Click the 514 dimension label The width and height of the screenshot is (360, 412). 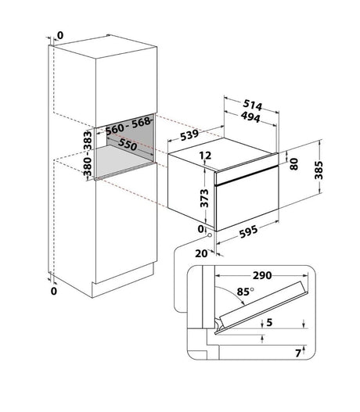point(253,105)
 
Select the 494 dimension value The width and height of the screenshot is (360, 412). point(250,117)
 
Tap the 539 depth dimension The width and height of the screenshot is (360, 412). point(189,134)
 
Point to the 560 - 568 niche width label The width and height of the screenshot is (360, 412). point(128,126)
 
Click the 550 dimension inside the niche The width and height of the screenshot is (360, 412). point(128,145)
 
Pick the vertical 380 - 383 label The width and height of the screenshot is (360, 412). point(88,153)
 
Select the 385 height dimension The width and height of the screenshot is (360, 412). point(319,170)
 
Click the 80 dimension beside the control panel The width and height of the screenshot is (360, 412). point(294,164)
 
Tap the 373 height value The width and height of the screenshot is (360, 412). point(204,198)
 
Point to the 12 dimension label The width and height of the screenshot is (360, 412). point(205,156)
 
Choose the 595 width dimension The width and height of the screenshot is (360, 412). point(249,231)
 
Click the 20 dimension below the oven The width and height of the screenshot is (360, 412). point(201,253)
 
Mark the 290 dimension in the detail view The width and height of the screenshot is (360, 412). point(262,275)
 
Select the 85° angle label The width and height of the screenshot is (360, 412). point(245,292)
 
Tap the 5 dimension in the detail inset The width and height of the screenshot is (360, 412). point(269,322)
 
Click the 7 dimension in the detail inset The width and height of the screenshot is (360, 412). point(298,353)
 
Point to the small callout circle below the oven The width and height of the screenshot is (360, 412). point(210,235)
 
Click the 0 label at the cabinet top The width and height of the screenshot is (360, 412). point(60,35)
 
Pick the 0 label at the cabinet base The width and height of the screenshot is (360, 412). point(54,291)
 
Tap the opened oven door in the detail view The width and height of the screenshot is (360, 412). point(261,306)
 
